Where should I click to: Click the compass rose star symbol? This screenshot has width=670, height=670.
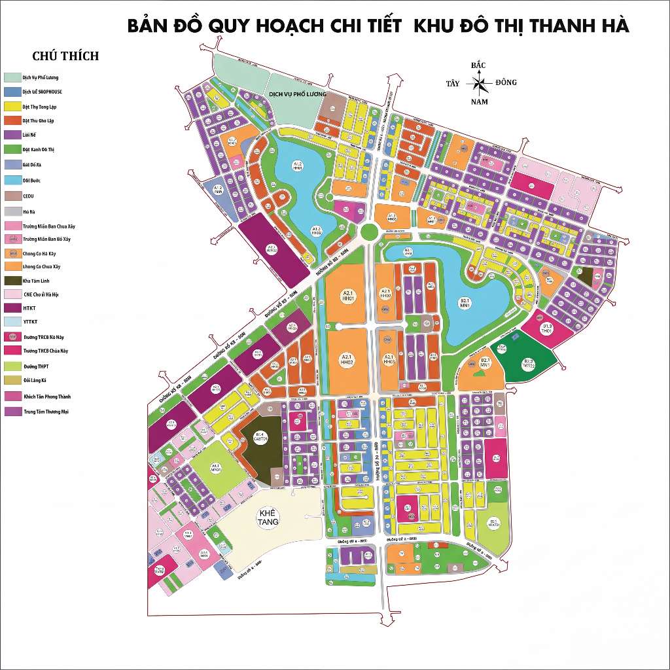point(479,83)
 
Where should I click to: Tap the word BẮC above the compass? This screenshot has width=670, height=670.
point(478,65)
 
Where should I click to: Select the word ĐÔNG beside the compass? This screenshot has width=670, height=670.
point(506,82)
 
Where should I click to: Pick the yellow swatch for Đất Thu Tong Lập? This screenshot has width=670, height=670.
point(12,106)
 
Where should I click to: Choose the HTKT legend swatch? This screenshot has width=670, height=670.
point(12,308)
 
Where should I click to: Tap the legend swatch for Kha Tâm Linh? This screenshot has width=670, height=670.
point(12,280)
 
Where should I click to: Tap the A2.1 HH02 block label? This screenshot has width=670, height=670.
point(347,359)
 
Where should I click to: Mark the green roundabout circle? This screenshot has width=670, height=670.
point(369,231)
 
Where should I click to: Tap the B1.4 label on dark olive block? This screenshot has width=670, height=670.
point(259,436)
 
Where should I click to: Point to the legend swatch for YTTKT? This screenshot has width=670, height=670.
point(12,322)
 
